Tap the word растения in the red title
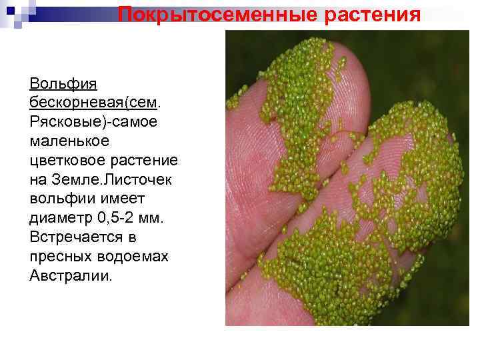[x=373, y=14]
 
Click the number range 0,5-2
[x=119, y=218]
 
